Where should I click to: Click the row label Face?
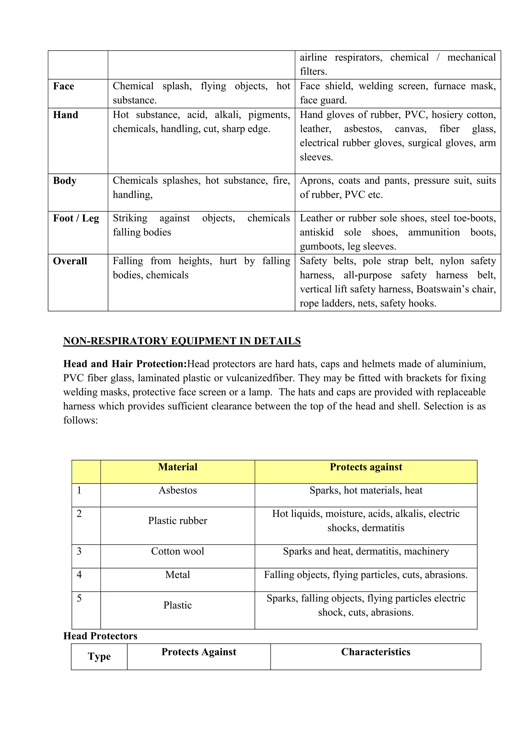pyautogui.click(x=64, y=86)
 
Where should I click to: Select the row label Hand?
pyautogui.click(x=65, y=115)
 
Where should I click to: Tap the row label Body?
pyautogui.click(x=65, y=181)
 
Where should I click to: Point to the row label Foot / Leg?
pyautogui.click(x=76, y=218)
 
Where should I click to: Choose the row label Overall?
pyautogui.click(x=70, y=261)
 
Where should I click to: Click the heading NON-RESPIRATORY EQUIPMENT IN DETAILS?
pyautogui.click(x=182, y=341)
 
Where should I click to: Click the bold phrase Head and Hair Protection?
pyautogui.click(x=125, y=364)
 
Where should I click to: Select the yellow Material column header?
pyautogui.click(x=178, y=467)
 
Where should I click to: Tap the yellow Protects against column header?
pyautogui.click(x=366, y=467)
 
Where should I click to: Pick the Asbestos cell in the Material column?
pyautogui.click(x=178, y=491)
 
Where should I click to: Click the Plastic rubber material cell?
pyautogui.click(x=178, y=521)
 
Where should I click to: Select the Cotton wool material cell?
pyautogui.click(x=178, y=551)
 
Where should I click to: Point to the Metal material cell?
pyautogui.click(x=178, y=575)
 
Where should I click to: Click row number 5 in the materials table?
pyautogui.click(x=79, y=598)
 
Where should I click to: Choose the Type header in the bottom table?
pyautogui.click(x=99, y=656)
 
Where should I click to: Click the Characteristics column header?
pyautogui.click(x=376, y=652)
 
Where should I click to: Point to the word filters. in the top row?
pyautogui.click(x=313, y=71)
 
